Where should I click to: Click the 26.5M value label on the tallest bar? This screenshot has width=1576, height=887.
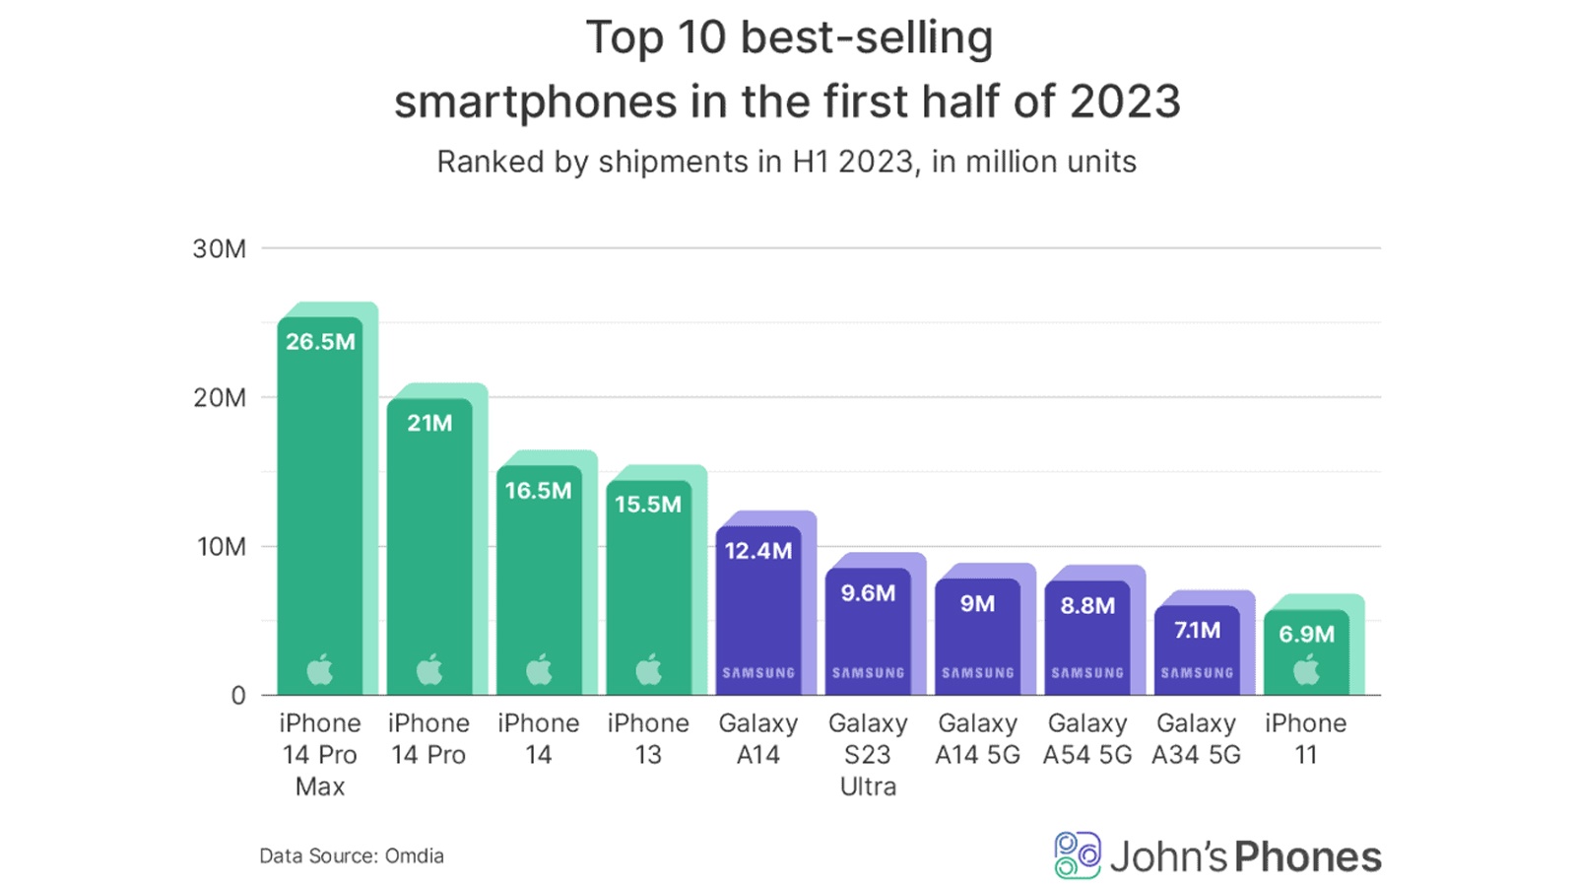[320, 342]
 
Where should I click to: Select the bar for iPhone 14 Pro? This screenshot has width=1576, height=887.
[429, 552]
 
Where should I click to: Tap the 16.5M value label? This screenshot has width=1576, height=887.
[538, 491]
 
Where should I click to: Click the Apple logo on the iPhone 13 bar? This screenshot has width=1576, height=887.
[648, 670]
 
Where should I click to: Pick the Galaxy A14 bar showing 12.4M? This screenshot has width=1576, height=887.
[757, 611]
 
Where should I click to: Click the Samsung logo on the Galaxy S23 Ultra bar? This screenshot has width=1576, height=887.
[868, 673]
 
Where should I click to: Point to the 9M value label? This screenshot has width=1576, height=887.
[977, 603]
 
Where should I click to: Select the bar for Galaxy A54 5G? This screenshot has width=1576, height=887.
[1087, 641]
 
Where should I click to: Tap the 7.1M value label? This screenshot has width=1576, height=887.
[1197, 630]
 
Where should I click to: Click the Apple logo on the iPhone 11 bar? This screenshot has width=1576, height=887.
[1306, 671]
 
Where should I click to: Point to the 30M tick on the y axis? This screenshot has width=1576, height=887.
[219, 249]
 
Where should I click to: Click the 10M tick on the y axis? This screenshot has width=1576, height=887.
[221, 547]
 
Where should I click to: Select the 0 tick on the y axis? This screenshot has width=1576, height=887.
[237, 696]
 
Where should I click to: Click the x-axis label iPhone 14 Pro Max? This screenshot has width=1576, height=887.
[320, 755]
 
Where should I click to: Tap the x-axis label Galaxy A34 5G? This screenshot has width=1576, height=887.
[1196, 739]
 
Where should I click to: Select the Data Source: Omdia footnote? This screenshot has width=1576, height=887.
[352, 855]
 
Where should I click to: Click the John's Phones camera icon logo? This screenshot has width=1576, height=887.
[1077, 855]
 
